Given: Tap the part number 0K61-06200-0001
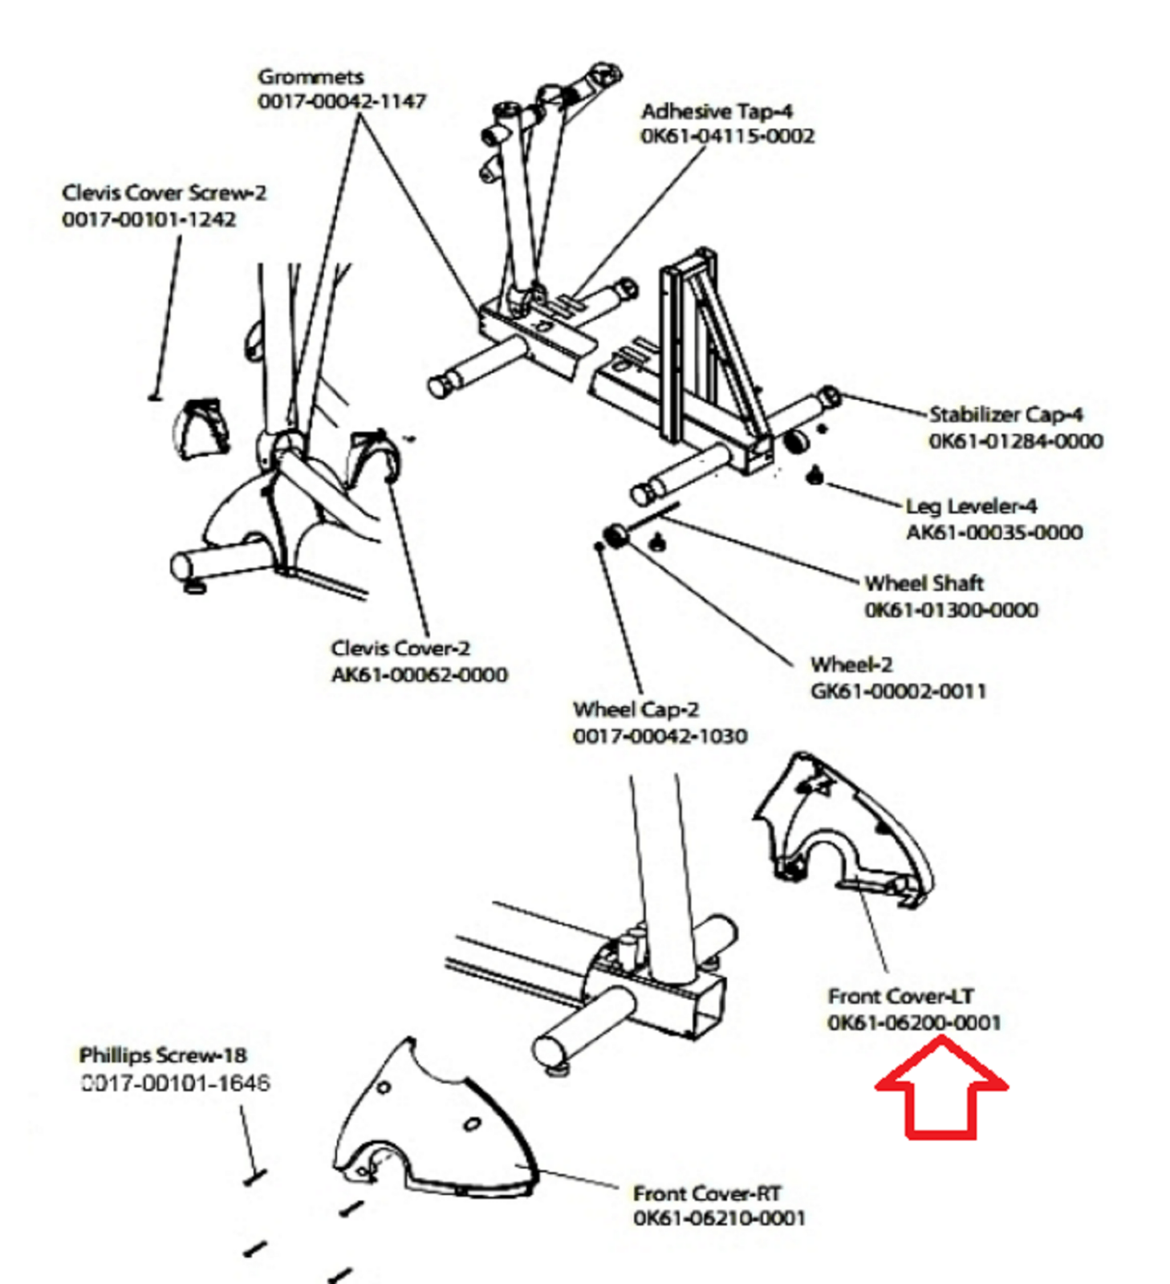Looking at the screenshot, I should pyautogui.click(x=914, y=1023).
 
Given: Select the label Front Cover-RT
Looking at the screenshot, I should pyautogui.click(x=707, y=1193).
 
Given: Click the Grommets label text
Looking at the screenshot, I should pyautogui.click(x=311, y=77).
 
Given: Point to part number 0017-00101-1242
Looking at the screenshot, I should pyautogui.click(x=149, y=219).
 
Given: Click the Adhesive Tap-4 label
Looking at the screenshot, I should pyautogui.click(x=717, y=112).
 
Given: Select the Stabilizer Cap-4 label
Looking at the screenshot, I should pyautogui.click(x=1005, y=415).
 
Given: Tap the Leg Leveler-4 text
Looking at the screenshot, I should pyautogui.click(x=971, y=506).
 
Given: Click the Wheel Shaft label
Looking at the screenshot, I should pyautogui.click(x=924, y=583).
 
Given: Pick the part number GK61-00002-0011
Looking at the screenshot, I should pyautogui.click(x=898, y=691).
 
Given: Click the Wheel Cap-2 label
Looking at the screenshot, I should pyautogui.click(x=636, y=709).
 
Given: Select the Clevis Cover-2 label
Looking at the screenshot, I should pyautogui.click(x=400, y=648).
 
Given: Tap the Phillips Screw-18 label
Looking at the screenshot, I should pyautogui.click(x=163, y=1055).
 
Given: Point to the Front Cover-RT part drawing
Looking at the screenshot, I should pyautogui.click(x=433, y=1123).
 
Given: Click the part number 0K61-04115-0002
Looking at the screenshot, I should pyautogui.click(x=727, y=136).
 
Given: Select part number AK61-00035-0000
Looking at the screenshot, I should pyautogui.click(x=994, y=533).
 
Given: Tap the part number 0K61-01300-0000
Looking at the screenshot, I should pyautogui.click(x=951, y=610).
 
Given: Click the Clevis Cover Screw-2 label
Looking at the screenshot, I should pyautogui.click(x=164, y=193).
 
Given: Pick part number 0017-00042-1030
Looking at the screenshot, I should pyautogui.click(x=660, y=736).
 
